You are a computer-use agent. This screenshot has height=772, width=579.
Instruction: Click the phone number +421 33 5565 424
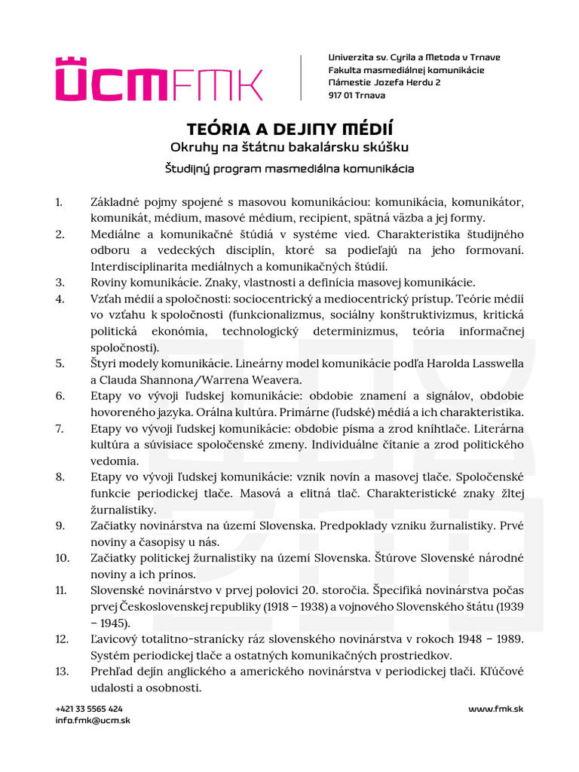(x=89, y=709)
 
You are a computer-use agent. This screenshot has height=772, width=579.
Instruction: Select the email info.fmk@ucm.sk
(x=93, y=720)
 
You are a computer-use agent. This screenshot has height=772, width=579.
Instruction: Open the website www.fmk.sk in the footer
(x=495, y=709)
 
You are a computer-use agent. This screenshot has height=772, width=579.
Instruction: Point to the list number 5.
(x=60, y=363)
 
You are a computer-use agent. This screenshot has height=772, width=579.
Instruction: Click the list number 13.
(x=62, y=672)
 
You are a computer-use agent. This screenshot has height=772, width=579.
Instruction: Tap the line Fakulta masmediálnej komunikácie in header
(x=406, y=70)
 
